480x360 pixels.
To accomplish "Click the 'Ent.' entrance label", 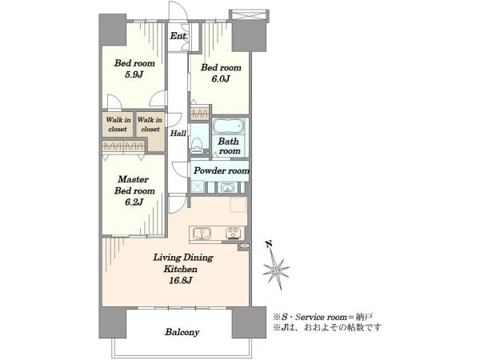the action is [x=178, y=36].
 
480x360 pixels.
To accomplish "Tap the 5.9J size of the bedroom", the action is [x=134, y=74].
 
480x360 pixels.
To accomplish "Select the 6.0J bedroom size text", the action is [x=221, y=79].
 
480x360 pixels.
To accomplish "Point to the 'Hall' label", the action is [x=178, y=133].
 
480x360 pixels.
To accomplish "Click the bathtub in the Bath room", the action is [x=228, y=126].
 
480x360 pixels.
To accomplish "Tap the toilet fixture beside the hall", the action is [x=196, y=146].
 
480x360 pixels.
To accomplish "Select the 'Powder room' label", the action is [x=222, y=170].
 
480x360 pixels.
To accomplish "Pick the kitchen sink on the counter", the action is [x=202, y=234].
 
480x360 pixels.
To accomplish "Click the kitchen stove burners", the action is [x=234, y=233].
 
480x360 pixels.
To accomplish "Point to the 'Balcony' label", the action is [x=182, y=332].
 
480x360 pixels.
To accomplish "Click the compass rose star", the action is [x=276, y=270].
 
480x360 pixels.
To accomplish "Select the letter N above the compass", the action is [x=269, y=244].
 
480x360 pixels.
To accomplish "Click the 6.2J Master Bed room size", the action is [x=134, y=202].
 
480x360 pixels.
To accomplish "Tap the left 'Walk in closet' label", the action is [x=118, y=124].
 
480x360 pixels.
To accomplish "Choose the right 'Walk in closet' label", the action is [x=150, y=124].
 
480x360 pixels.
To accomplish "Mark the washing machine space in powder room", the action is [x=198, y=186].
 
